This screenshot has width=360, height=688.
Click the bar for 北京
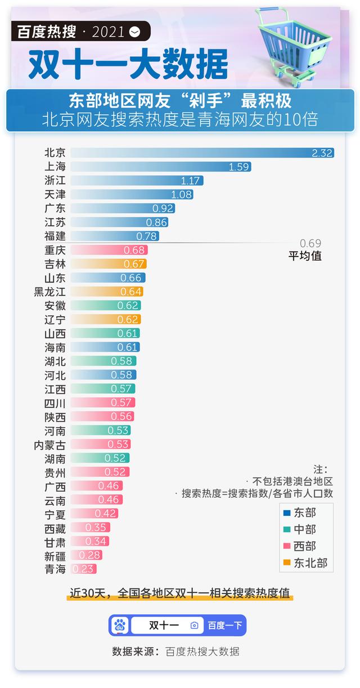tap(202, 153)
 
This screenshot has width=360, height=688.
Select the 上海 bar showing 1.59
tap(161, 167)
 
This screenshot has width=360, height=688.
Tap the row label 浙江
tap(55, 181)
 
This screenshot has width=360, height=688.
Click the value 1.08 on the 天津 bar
tap(181, 195)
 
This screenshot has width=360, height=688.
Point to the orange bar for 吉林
tap(109, 264)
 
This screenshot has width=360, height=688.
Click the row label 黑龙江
tap(49, 291)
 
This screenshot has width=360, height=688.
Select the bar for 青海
tap(84, 569)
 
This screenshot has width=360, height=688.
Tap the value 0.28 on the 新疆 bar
tap(90, 555)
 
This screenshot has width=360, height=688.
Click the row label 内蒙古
tap(49, 444)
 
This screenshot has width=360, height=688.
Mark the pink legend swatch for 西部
tap(287, 546)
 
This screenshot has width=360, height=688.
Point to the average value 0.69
tap(310, 244)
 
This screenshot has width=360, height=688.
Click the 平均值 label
tap(305, 256)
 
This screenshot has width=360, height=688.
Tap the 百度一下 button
tap(225, 625)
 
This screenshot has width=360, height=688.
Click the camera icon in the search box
tap(194, 625)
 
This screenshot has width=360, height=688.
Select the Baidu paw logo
tap(120, 625)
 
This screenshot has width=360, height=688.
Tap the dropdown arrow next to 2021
tap(134, 32)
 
